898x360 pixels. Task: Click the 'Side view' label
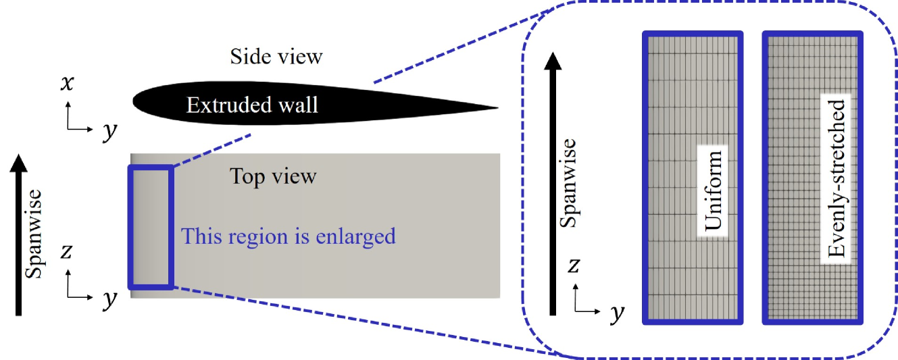click(x=276, y=57)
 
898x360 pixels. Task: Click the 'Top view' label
click(x=273, y=177)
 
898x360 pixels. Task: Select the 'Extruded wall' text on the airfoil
click(x=252, y=105)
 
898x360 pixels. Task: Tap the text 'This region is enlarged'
click(x=288, y=236)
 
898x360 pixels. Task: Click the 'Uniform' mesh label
click(x=712, y=190)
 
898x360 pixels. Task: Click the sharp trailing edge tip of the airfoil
click(x=497, y=107)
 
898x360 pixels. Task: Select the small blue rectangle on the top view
click(x=151, y=226)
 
